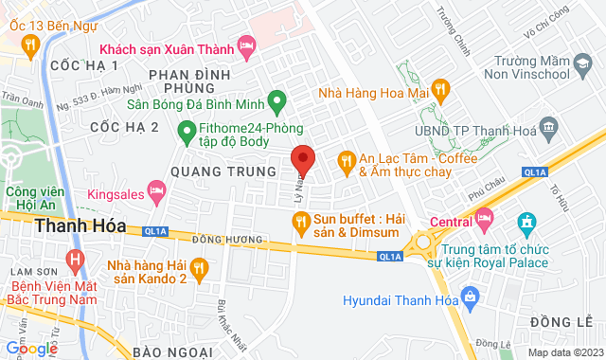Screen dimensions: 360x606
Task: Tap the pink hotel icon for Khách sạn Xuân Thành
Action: pyautogui.click(x=246, y=45)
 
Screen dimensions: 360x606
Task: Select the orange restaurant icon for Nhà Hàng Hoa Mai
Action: pyautogui.click(x=439, y=90)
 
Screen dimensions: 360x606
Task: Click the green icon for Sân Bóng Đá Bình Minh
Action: pyautogui.click(x=276, y=99)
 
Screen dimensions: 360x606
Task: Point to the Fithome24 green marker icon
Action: pyautogui.click(x=187, y=130)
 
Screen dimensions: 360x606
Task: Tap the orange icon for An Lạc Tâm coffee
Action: pyautogui.click(x=346, y=159)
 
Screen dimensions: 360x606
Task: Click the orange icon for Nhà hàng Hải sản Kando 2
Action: pyautogui.click(x=199, y=270)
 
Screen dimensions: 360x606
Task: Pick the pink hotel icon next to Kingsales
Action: pyautogui.click(x=157, y=194)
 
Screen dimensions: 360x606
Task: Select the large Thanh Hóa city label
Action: pyautogui.click(x=69, y=226)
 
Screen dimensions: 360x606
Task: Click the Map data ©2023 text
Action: pyautogui.click(x=564, y=352)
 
